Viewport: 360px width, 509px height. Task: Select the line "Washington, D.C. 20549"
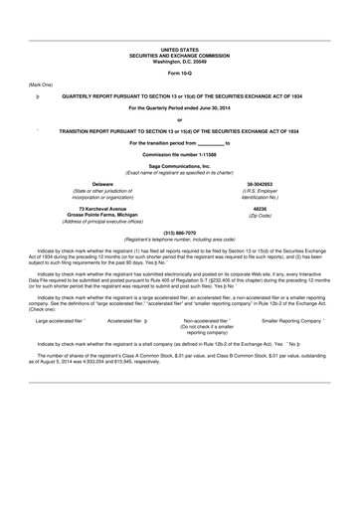click(x=179, y=61)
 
